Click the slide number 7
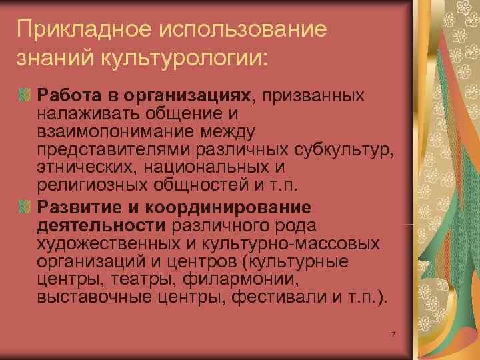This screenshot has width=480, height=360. [395, 333]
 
